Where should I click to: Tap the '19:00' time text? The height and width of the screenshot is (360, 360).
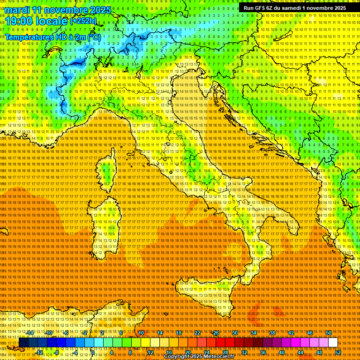(x=19, y=21)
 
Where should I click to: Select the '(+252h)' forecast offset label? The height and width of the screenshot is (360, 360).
(x=83, y=21)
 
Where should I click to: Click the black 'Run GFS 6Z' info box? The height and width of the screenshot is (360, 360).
(x=295, y=7)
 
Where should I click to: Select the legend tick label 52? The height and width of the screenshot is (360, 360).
(x=337, y=352)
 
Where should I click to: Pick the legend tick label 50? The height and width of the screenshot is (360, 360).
(x=328, y=333)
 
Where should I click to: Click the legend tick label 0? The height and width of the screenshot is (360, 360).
(x=93, y=352)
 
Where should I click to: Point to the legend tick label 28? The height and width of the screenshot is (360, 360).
(x=225, y=352)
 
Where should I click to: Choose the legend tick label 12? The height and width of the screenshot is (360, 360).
(x=150, y=352)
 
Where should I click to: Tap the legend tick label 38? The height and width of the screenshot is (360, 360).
(x=272, y=333)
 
